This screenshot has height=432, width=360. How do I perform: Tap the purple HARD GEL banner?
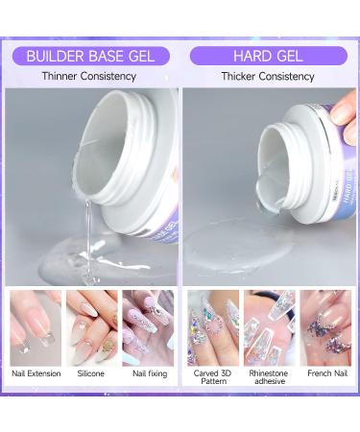point(269,55)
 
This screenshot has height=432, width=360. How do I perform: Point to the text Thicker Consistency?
point(269,76)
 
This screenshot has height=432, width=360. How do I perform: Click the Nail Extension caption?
point(36,373)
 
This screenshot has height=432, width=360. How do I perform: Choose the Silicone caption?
point(91,373)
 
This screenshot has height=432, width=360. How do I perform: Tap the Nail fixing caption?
point(148,373)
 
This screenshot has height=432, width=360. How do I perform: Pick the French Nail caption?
point(324,373)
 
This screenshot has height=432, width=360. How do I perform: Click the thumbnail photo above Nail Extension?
point(36,326)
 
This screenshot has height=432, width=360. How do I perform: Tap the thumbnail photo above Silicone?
point(91,326)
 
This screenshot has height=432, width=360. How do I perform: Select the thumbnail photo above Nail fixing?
point(148,326)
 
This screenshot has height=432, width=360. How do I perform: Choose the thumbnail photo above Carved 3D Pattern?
point(213,326)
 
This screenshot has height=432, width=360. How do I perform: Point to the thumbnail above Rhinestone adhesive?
point(269,326)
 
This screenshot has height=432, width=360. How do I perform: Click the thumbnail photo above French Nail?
point(324,326)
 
